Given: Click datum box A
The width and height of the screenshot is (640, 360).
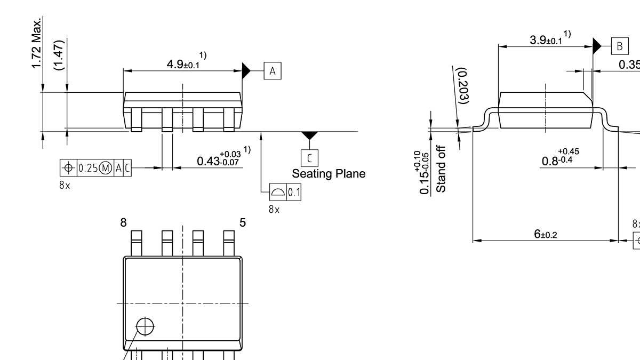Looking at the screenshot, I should tap(273, 71).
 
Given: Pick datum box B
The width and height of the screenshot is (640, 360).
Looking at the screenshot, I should tap(619, 46).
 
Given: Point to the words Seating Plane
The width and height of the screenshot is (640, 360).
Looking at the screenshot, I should tap(329, 173).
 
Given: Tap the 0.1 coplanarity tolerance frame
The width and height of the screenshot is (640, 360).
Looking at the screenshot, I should tap(285, 192).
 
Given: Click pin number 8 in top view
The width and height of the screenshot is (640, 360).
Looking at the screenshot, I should tap(124, 222).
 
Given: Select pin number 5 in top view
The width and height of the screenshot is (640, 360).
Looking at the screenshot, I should tap(243, 222).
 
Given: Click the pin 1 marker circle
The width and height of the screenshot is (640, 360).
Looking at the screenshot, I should tap(145, 326).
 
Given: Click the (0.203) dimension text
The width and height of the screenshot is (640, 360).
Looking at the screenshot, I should tap(463, 86).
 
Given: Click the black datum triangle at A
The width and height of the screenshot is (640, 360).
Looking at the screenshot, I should tap(246, 70).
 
